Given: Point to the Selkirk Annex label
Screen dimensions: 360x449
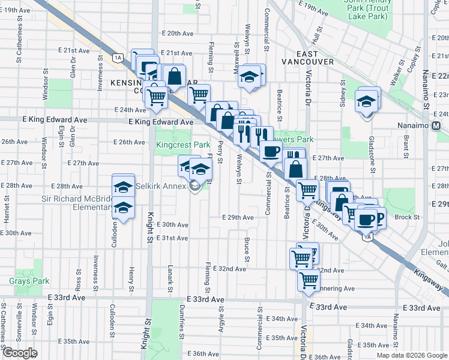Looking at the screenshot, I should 162,187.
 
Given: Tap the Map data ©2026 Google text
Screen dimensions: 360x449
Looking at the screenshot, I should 411,355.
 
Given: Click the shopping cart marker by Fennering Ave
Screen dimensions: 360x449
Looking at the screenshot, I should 309,279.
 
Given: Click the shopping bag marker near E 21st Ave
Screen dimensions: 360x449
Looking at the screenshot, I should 173,76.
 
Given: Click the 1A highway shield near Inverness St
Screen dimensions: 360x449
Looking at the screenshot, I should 118,58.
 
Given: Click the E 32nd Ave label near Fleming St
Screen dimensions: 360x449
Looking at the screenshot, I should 231,269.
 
